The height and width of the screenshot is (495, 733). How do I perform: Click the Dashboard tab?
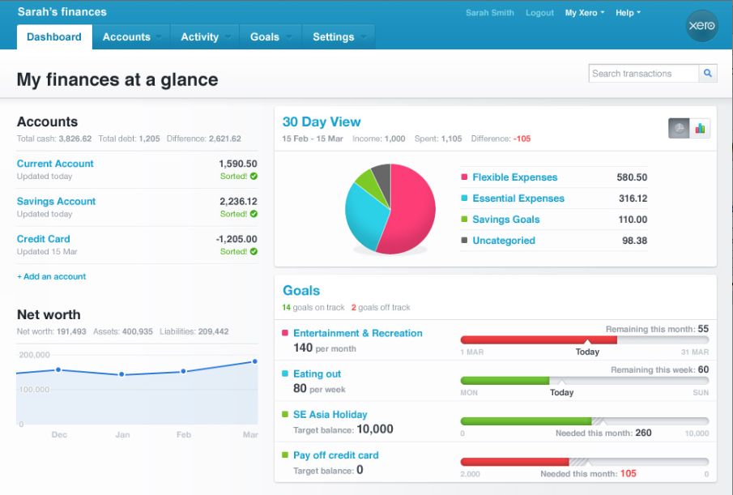(54, 36)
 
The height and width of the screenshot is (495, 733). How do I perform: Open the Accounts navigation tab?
(126, 36)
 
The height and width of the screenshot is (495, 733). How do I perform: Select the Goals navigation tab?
(265, 36)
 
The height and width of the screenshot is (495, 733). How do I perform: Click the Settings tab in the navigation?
(334, 36)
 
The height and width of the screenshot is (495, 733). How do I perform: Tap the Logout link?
(539, 13)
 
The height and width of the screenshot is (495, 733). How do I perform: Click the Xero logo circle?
(701, 26)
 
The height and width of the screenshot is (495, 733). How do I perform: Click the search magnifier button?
(708, 74)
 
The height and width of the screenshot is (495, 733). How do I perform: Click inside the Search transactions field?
(643, 74)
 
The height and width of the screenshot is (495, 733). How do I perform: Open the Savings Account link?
(56, 202)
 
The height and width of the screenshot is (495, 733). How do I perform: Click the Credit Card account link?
(44, 239)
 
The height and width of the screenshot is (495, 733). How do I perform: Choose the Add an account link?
(51, 276)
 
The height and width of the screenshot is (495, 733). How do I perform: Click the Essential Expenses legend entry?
(518, 198)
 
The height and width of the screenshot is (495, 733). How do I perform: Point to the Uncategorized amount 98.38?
(634, 241)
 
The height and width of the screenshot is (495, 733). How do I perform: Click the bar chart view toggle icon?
(700, 128)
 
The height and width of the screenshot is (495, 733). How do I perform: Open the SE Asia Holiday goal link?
(330, 415)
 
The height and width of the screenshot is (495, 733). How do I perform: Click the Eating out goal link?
(317, 374)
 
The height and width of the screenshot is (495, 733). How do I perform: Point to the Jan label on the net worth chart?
(121, 435)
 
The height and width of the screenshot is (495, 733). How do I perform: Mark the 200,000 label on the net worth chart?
(34, 355)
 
